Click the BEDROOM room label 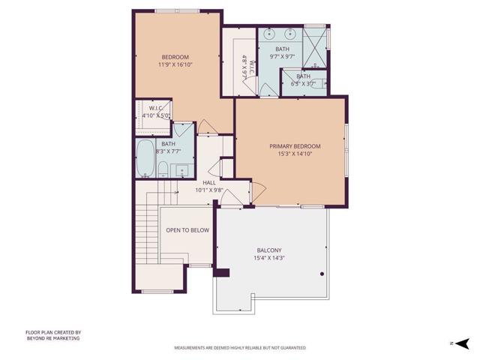click(x=174, y=57)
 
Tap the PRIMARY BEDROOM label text click(x=295, y=146)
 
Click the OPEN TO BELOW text click(x=187, y=230)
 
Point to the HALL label click(x=209, y=182)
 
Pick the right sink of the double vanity click(x=292, y=34)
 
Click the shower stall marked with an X click(x=316, y=38)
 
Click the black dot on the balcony click(x=321, y=274)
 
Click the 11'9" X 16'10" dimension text click(x=174, y=65)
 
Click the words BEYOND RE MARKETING click(x=52, y=338)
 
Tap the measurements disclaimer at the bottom click(x=240, y=348)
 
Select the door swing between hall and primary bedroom click(x=255, y=194)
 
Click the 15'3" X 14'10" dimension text click(x=295, y=155)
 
